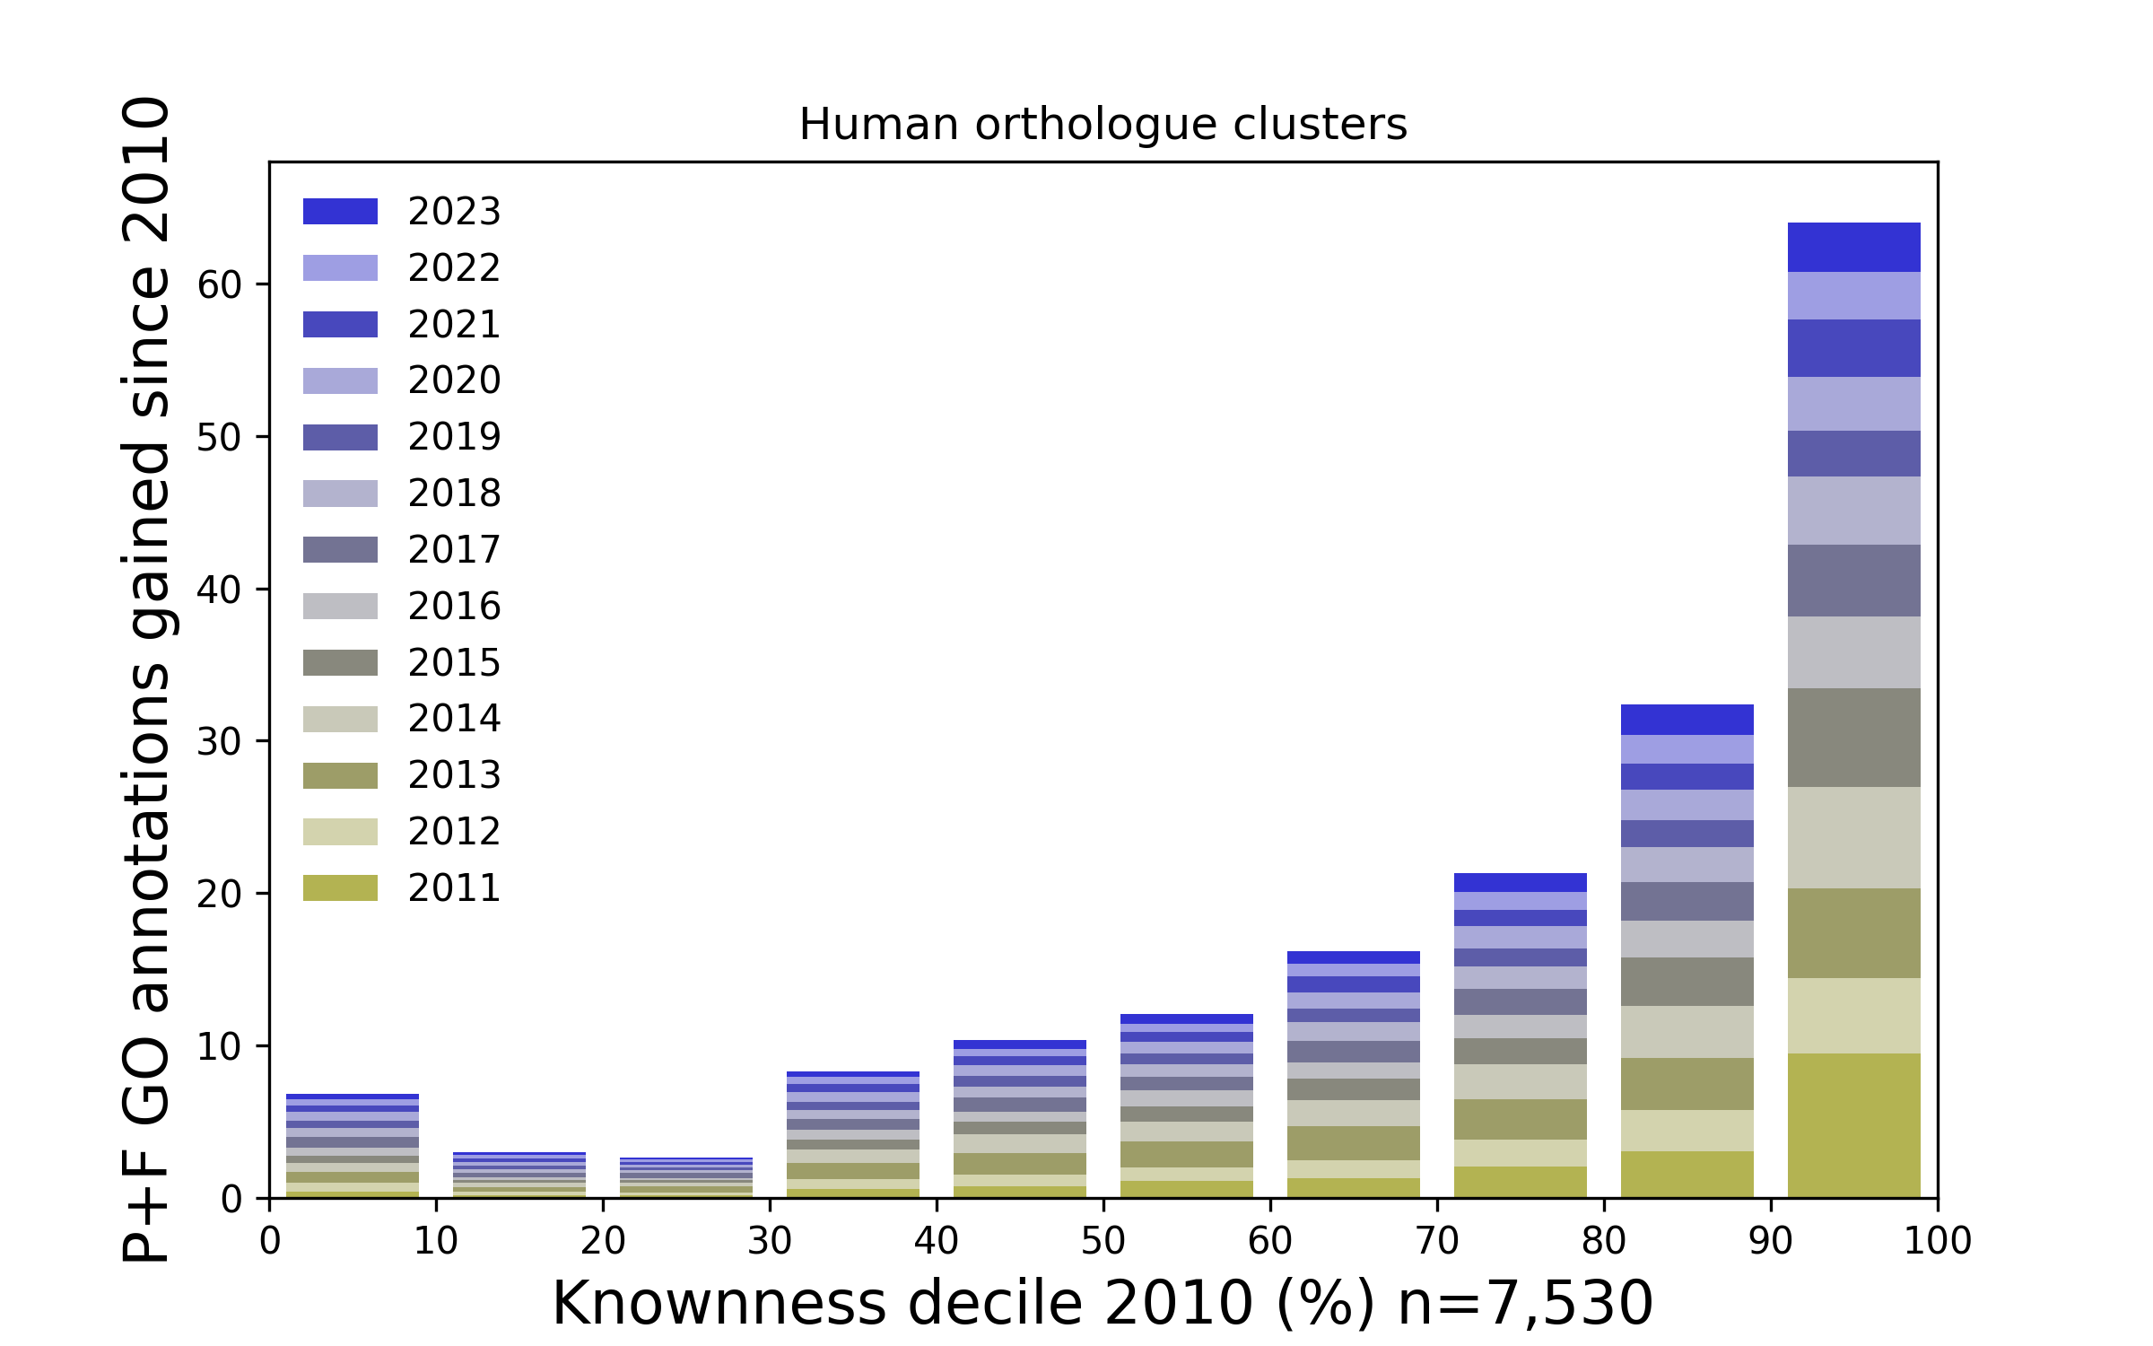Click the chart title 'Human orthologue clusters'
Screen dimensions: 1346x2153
(1103, 125)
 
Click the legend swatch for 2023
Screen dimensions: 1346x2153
(340, 212)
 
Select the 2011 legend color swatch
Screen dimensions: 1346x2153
(340, 888)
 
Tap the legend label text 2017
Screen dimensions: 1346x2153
(454, 550)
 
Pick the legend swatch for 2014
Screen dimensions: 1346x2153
(340, 720)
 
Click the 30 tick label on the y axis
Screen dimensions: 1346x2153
(220, 742)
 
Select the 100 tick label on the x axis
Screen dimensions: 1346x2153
(1938, 1241)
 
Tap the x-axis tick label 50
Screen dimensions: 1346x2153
(1103, 1241)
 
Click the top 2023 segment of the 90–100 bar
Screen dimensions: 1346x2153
(1853, 248)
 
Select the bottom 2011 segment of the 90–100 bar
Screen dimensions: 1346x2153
(1853, 1125)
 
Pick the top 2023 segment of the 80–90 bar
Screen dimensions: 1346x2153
(1687, 720)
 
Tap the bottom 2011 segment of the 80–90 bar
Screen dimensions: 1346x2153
(1687, 1174)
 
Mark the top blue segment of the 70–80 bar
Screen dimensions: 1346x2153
(1520, 882)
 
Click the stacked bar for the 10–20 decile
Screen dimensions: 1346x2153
(519, 1175)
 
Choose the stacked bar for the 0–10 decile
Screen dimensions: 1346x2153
(353, 1146)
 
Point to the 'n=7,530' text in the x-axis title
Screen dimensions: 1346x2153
(1525, 1304)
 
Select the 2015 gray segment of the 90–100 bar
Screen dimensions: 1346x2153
(1853, 738)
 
